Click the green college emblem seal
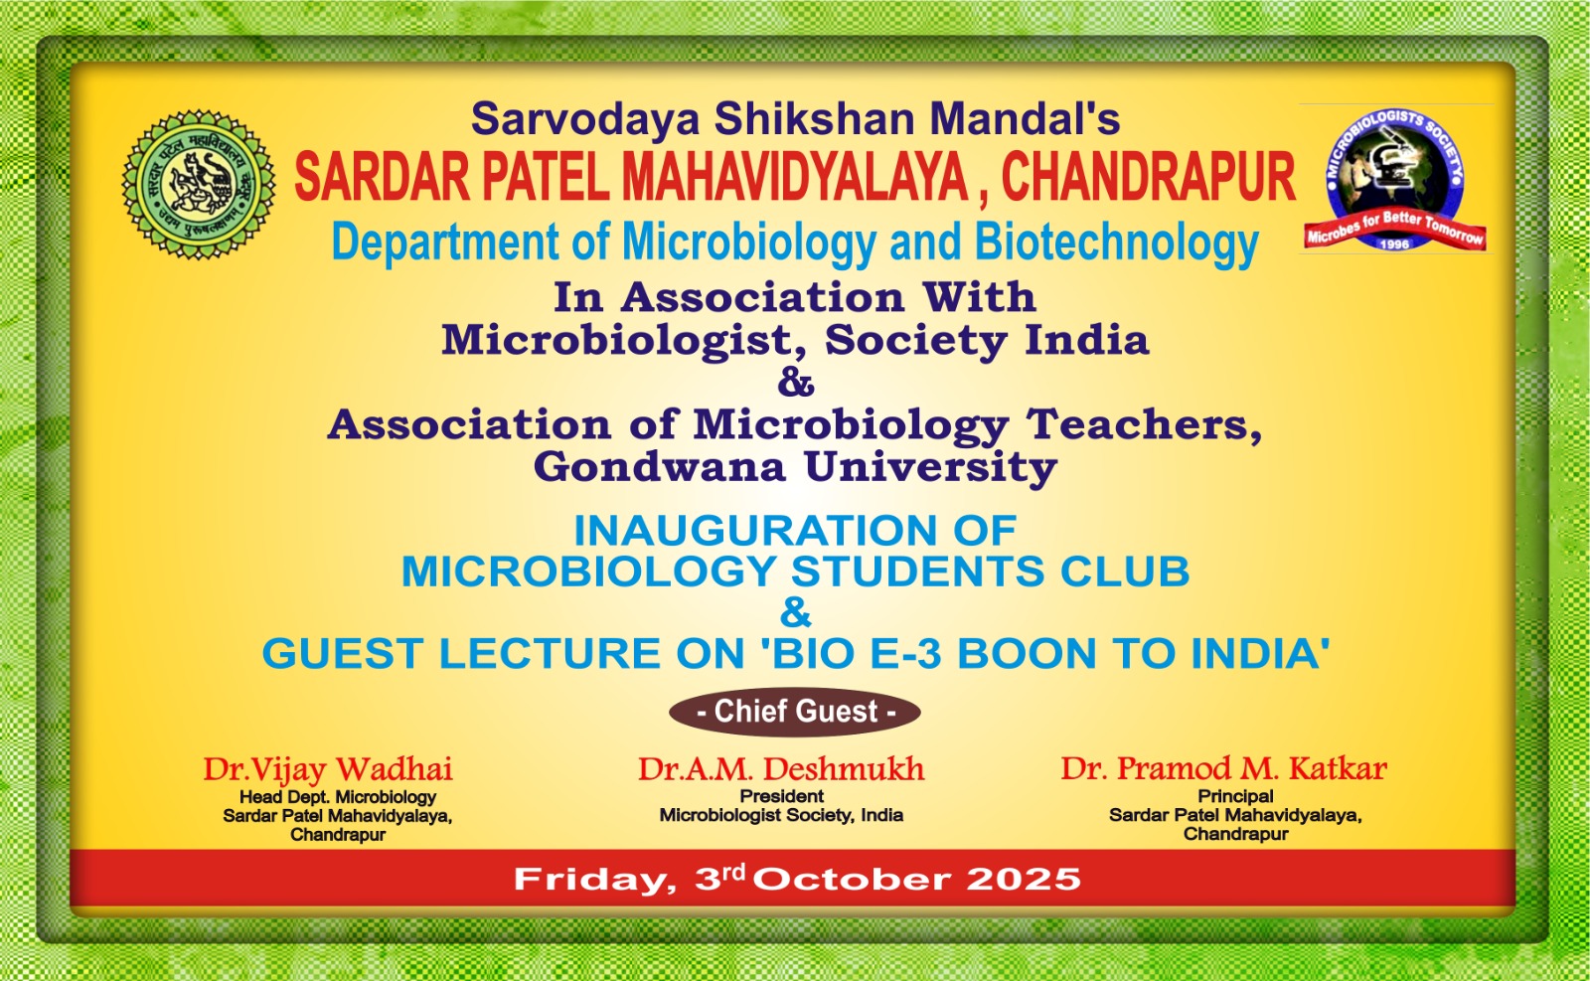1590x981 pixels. point(199,185)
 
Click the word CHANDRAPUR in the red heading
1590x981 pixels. point(1148,178)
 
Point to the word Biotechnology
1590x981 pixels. point(1116,244)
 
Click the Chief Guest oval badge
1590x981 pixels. point(795,712)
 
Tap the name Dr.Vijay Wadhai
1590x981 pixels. point(328,769)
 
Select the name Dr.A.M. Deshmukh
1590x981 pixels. point(781,769)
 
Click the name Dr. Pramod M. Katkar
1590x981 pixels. point(1223,768)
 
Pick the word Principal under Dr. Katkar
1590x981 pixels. point(1235,796)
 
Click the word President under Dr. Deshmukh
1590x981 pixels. point(781,796)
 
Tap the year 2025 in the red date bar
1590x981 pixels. point(1024,880)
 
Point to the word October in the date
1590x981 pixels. point(852,880)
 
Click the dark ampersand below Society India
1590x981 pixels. point(796,383)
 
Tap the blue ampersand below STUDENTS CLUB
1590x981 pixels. point(796,612)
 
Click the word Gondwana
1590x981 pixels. point(659,467)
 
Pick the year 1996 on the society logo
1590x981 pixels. point(1394,244)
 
